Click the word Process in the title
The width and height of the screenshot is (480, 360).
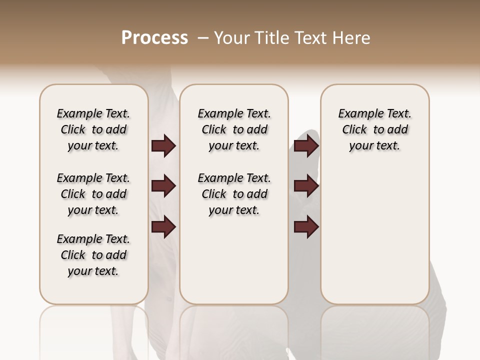pos(154,38)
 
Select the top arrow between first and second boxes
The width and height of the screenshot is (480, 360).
pos(163,146)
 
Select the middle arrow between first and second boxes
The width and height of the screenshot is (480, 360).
pos(163,186)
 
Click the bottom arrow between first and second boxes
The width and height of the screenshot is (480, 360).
pos(163,227)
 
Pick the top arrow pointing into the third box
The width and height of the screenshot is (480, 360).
pos(306,146)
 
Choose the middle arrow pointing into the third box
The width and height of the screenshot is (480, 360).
pos(306,186)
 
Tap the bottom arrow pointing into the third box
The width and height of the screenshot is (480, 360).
pos(306,227)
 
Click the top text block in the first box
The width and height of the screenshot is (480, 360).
pos(93,129)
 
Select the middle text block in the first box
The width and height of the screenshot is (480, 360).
pos(93,194)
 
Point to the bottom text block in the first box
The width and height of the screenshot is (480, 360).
pos(93,255)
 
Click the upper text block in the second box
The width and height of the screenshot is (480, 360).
pos(234,129)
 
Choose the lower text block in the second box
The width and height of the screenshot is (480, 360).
pos(234,194)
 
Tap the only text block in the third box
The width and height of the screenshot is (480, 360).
pos(375,129)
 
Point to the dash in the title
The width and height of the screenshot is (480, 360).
pos(202,38)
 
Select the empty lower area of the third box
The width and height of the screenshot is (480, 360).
pos(375,240)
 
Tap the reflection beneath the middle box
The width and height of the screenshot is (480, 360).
pos(234,330)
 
